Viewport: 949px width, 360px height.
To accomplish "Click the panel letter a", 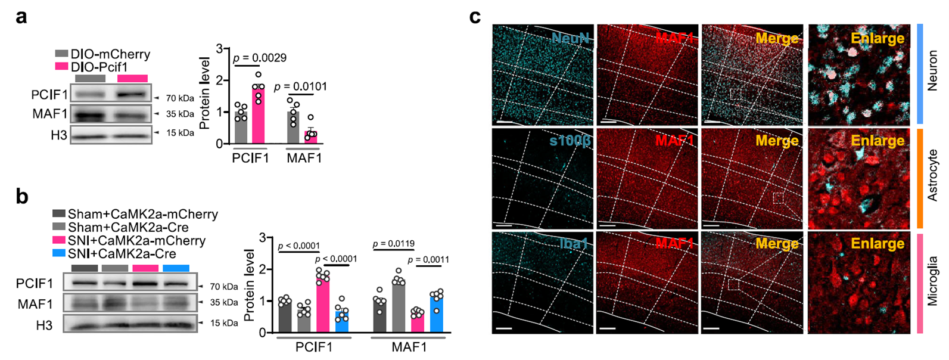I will click(x=21, y=17).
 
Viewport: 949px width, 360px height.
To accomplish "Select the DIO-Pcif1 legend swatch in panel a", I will click(x=61, y=67).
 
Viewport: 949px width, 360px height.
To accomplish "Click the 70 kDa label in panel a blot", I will click(x=180, y=98).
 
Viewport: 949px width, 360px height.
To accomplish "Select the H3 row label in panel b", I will click(x=43, y=325).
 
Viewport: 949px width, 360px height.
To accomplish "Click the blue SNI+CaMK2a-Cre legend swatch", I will click(x=58, y=254).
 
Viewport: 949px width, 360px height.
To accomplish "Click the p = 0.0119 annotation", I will click(x=393, y=244).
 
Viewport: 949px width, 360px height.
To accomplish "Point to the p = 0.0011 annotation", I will click(x=428, y=259).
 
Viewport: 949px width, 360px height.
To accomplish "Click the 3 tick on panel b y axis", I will click(x=262, y=238).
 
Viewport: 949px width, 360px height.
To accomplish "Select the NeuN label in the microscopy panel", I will click(x=570, y=39).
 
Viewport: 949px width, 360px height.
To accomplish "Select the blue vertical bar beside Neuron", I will click(x=920, y=74).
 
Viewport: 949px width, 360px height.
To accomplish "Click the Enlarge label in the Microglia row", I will click(x=878, y=243).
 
